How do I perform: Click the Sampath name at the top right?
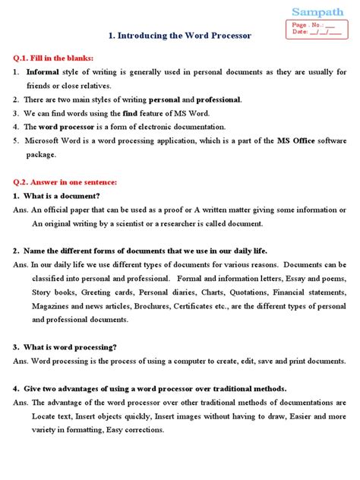318,11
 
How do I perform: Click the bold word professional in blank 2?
219,99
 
